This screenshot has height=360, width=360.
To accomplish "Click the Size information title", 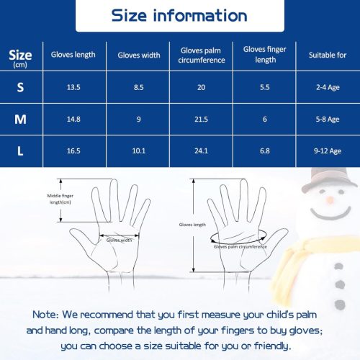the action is pyautogui.click(x=179, y=16).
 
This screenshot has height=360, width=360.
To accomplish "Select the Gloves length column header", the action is pyautogui.click(x=73, y=55).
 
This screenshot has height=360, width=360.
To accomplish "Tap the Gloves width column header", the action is pyautogui.click(x=139, y=55).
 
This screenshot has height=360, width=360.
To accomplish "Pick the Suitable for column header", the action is pyautogui.click(x=328, y=55).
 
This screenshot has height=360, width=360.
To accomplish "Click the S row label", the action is pyautogui.click(x=20, y=87).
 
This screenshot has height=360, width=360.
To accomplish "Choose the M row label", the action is pyautogui.click(x=20, y=119).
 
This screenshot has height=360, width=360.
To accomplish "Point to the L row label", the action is pyautogui.click(x=20, y=151).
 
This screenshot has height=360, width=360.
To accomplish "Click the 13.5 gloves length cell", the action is pyautogui.click(x=73, y=87).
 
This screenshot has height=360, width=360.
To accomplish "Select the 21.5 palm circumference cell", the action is pyautogui.click(x=201, y=120).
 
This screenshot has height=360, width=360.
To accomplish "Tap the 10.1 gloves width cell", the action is pyautogui.click(x=139, y=151).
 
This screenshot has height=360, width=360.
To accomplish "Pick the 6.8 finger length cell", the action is pyautogui.click(x=265, y=151).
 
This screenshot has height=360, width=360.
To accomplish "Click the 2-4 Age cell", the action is pyautogui.click(x=328, y=87).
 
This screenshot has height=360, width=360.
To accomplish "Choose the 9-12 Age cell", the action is pyautogui.click(x=328, y=151).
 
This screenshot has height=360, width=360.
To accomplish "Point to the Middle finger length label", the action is pyautogui.click(x=60, y=199).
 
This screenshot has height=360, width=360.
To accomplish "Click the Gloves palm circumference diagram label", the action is pyautogui.click(x=240, y=247).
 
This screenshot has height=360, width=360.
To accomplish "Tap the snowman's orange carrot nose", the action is pyautogui.click(x=330, y=199).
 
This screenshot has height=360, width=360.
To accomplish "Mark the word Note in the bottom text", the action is pyautogui.click(x=45, y=315).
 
